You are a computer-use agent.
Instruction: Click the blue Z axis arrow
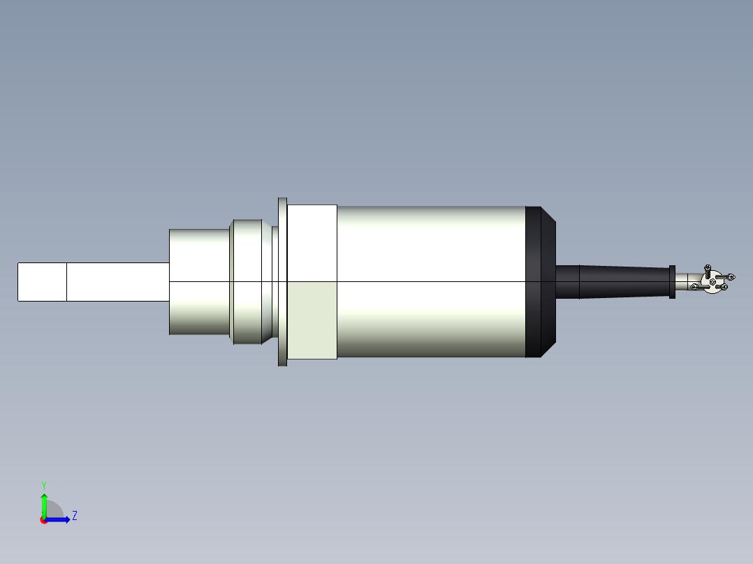coord(59,519)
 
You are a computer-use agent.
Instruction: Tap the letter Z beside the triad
coord(74,516)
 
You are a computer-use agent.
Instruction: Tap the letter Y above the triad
coord(43,484)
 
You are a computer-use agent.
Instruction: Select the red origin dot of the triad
coord(43,520)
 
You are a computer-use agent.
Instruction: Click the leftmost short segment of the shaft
coord(42,282)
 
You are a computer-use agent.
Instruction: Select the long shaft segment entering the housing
coord(117,282)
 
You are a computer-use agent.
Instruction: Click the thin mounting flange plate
coord(282,281)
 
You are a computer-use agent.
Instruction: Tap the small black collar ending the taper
coord(672,281)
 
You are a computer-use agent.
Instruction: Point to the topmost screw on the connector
coord(708,267)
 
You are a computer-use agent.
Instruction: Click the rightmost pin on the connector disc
coord(730,277)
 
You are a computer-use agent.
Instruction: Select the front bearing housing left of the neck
coord(200,281)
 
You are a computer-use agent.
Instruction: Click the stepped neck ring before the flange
coord(247,281)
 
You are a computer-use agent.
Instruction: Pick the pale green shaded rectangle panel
coord(312,320)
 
